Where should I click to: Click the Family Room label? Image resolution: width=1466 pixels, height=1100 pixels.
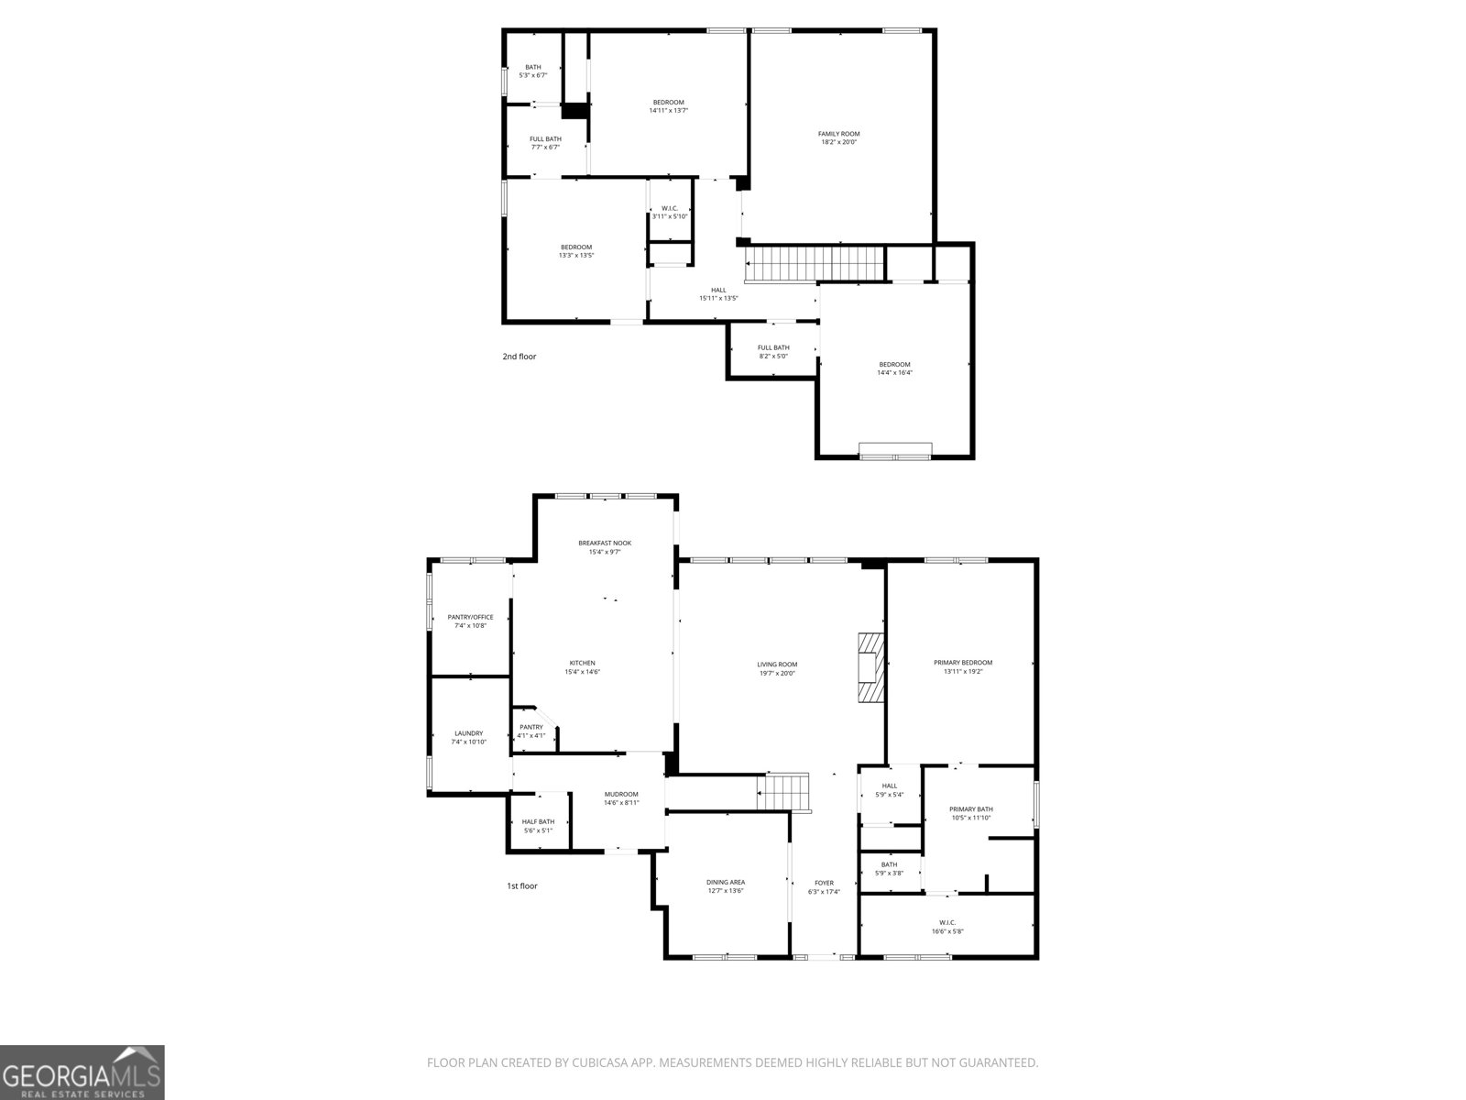838,134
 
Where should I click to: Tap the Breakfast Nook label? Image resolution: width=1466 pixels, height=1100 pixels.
605,543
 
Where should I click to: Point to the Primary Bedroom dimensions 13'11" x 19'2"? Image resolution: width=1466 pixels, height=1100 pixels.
962,672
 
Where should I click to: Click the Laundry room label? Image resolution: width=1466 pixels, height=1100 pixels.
468,733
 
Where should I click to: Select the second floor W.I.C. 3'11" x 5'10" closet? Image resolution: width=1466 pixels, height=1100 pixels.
669,212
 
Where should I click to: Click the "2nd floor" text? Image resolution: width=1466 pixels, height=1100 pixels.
519,356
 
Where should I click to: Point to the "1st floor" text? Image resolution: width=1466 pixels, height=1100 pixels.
522,886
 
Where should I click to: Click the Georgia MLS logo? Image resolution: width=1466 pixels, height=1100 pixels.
82,1072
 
